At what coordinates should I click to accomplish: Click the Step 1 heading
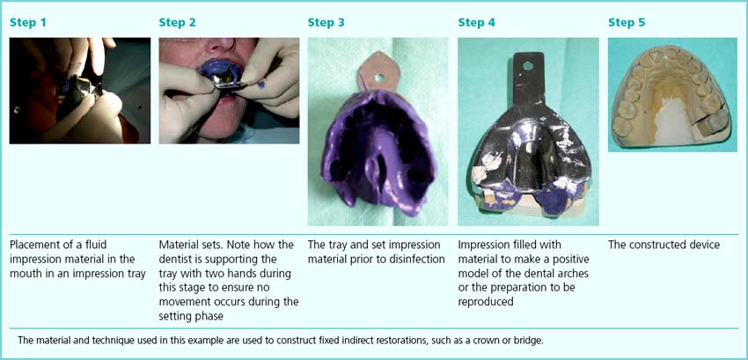(x=28, y=22)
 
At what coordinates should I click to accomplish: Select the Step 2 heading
(x=178, y=22)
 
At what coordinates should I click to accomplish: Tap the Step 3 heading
(x=326, y=22)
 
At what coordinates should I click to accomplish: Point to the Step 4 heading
(x=477, y=22)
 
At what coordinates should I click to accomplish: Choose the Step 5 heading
(x=627, y=22)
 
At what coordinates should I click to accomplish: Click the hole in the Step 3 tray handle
(x=379, y=76)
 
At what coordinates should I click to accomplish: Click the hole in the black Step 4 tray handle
(x=528, y=66)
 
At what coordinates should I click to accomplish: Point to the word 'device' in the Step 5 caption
(x=705, y=246)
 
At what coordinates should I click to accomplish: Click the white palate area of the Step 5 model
(x=671, y=123)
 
